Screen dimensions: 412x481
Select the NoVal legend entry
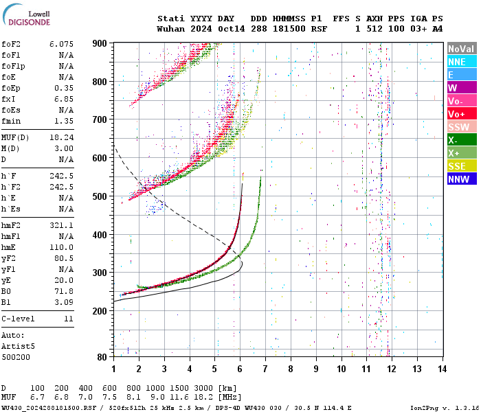pos(461,49)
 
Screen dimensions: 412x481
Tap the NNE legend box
pos(461,62)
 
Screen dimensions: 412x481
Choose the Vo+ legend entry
pos(461,114)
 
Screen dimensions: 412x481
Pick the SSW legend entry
pos(461,127)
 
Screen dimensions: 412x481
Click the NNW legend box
pos(461,179)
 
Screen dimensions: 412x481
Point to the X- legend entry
pos(461,140)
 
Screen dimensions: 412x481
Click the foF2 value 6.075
pos(61,44)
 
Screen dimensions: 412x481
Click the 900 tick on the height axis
pos(100,43)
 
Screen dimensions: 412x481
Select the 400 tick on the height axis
pos(100,235)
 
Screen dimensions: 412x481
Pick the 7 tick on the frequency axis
pos(265,369)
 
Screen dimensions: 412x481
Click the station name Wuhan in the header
pos(170,30)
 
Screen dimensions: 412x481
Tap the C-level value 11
pos(68,319)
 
